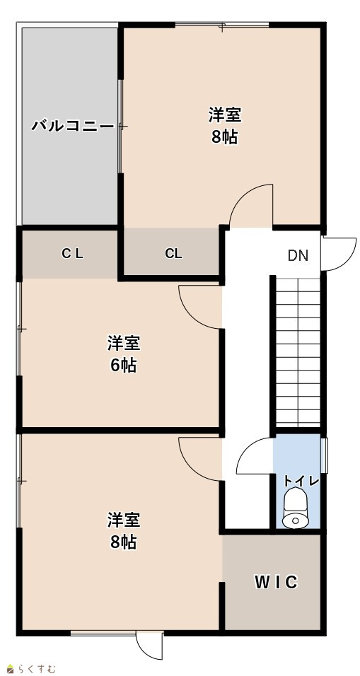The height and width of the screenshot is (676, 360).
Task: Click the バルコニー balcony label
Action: pyautogui.click(x=72, y=127)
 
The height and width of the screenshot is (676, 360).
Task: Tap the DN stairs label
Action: pyautogui.click(x=298, y=256)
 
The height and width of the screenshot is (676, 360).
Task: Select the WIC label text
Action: pyautogui.click(x=276, y=583)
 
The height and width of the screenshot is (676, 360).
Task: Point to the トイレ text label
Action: pyautogui.click(x=301, y=481)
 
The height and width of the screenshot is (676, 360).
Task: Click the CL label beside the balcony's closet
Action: pyautogui.click(x=72, y=254)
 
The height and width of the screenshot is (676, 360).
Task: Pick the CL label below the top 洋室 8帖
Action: pyautogui.click(x=173, y=254)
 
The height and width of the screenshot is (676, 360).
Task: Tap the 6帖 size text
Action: pyautogui.click(x=124, y=366)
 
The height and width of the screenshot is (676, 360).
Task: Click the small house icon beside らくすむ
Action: pyautogui.click(x=11, y=669)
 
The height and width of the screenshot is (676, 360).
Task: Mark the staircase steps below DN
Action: pyautogui.click(x=298, y=352)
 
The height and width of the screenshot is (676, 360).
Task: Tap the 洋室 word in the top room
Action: pyautogui.click(x=225, y=115)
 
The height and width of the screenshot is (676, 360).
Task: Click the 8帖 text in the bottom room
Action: pyautogui.click(x=124, y=542)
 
